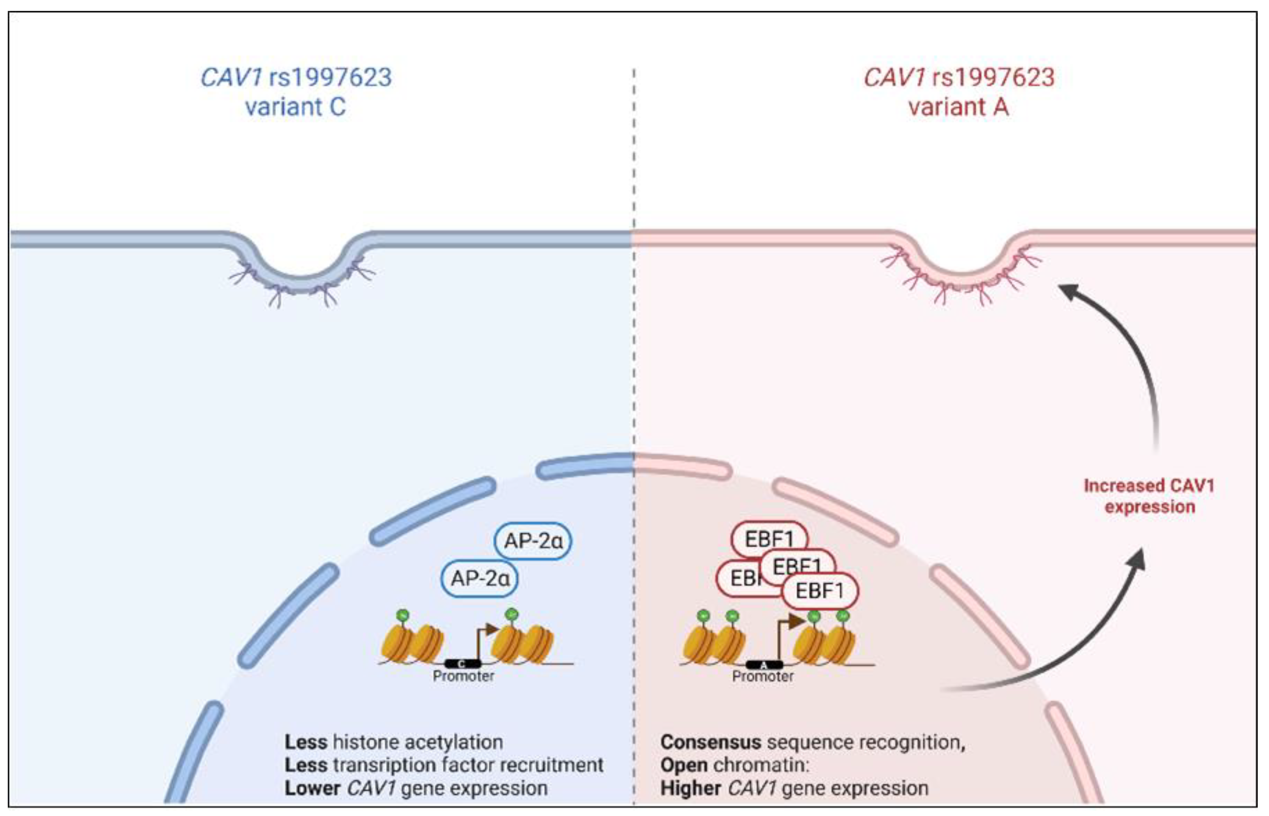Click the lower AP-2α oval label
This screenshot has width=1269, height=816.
(479, 578)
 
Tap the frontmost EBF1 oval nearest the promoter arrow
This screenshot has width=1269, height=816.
(820, 591)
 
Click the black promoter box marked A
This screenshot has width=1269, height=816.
(764, 664)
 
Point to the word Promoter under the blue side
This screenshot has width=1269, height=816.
(463, 676)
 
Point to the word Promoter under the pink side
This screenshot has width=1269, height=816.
(762, 676)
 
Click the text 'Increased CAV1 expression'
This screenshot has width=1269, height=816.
(1148, 496)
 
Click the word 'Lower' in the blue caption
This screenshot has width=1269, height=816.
(312, 788)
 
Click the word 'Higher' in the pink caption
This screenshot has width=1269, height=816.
(690, 788)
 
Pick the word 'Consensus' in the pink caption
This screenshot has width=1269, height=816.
(710, 742)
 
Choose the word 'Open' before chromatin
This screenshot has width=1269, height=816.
(683, 765)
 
